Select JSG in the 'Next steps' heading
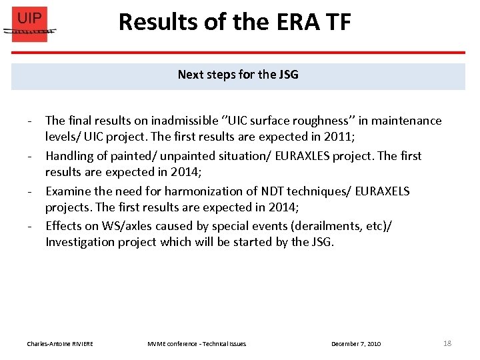point(289,75)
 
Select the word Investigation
point(81,243)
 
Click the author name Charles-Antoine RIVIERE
point(60,344)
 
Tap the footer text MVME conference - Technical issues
point(197,344)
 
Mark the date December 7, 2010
point(356,344)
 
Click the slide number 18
point(447,343)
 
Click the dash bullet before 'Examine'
point(31,191)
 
